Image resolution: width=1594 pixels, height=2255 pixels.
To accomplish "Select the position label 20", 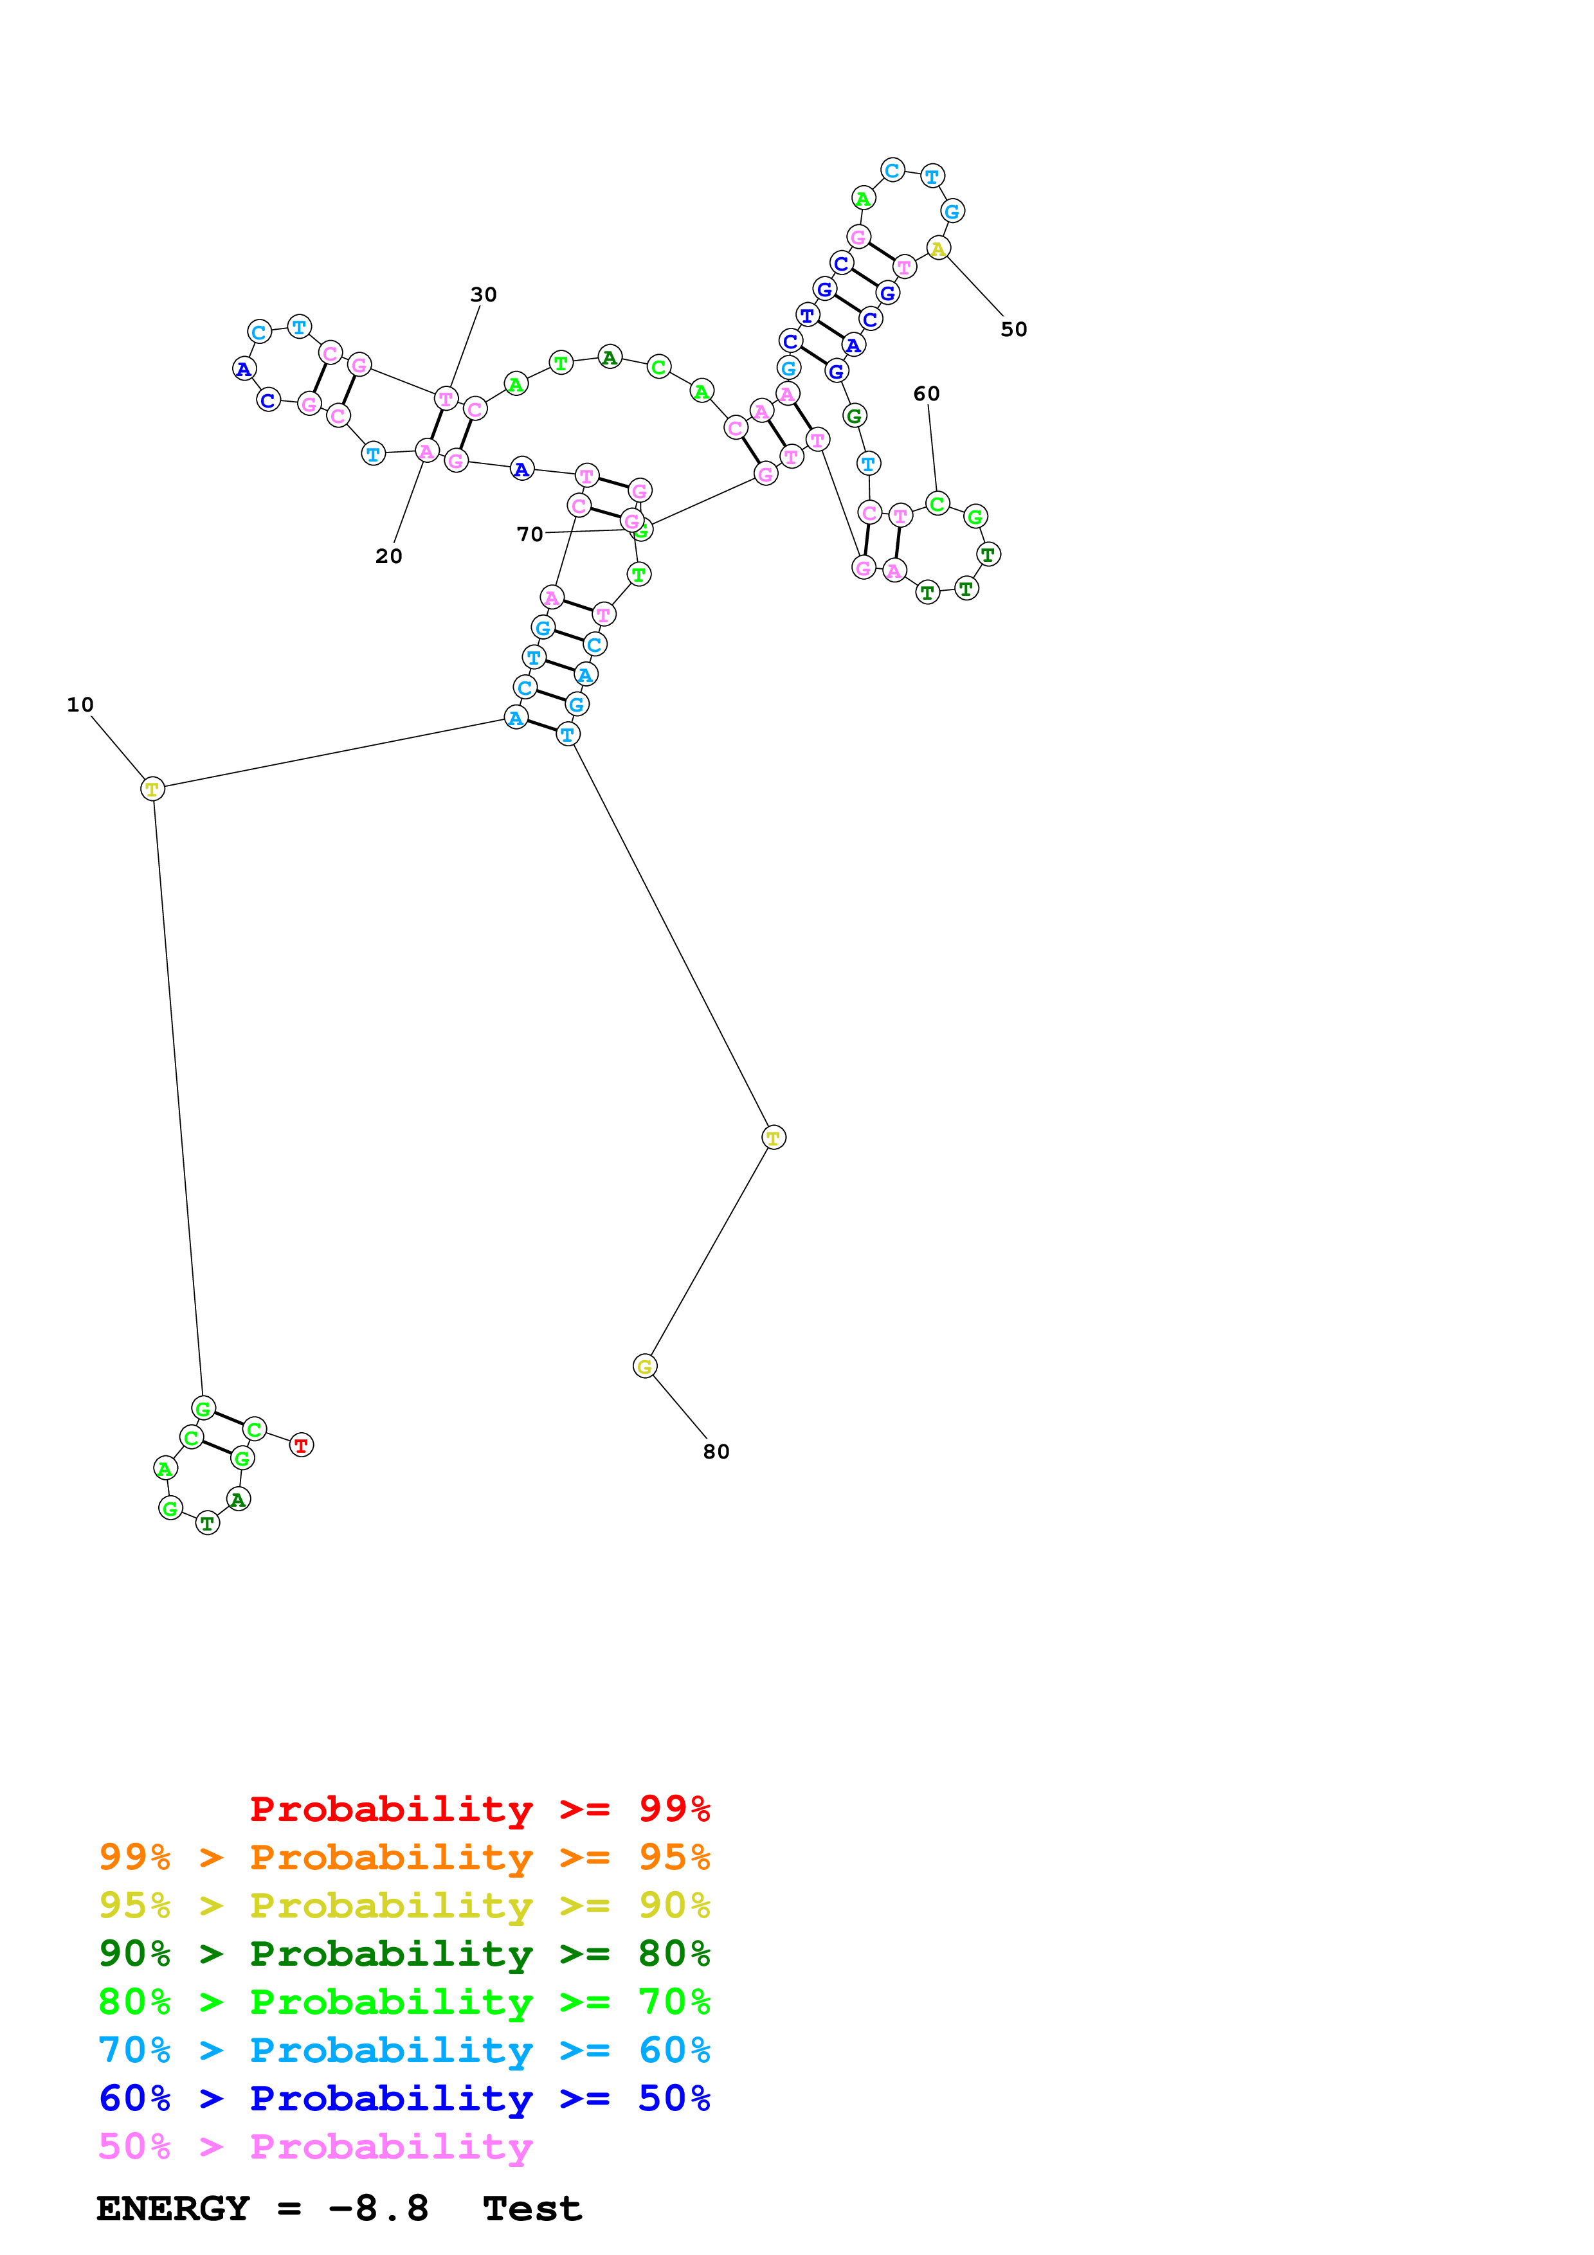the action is (x=389, y=556).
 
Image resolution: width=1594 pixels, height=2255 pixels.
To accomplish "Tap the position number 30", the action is (x=483, y=294).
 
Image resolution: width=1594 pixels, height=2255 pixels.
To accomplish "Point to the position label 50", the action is (x=1013, y=330).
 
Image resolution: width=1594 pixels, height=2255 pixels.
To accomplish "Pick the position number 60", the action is (x=926, y=394).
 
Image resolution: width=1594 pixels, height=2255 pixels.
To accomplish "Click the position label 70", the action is (x=529, y=534).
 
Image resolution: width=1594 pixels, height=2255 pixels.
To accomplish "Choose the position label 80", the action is (x=716, y=1451).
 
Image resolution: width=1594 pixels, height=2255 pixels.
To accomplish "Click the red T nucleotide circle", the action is (x=302, y=1445).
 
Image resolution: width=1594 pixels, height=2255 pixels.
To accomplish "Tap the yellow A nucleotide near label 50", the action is (x=939, y=249).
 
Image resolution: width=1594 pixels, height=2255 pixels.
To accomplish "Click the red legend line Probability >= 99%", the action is (x=479, y=1808).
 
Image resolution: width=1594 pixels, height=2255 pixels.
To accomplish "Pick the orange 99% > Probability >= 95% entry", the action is (x=404, y=1857).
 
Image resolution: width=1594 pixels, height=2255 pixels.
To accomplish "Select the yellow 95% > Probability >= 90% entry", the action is (x=404, y=1905).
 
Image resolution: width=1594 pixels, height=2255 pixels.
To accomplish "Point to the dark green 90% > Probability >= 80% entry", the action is (x=404, y=1954).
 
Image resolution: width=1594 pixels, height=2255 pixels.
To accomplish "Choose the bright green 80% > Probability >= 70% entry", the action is (x=404, y=2002).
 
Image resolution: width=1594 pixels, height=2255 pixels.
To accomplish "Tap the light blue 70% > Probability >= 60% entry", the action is (x=404, y=2050).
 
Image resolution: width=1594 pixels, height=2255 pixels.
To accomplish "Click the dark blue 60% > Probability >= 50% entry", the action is (x=404, y=2098).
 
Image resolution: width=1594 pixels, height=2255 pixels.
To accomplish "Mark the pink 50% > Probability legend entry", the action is (x=315, y=2146).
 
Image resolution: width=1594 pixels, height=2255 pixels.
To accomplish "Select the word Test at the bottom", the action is (x=532, y=2209).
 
